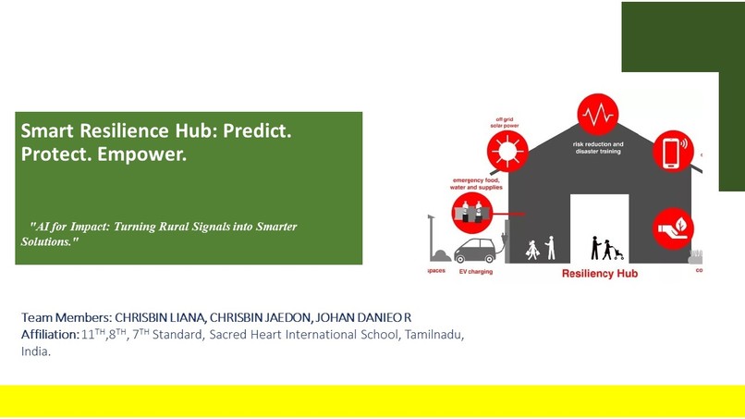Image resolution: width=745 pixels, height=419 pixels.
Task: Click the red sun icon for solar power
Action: point(507,151)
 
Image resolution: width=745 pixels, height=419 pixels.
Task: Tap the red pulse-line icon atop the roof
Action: point(597,115)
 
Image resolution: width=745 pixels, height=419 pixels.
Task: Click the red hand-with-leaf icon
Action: point(673,228)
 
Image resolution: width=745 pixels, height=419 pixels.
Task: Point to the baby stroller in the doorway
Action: point(614,252)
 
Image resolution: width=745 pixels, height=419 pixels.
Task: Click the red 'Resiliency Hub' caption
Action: point(599,274)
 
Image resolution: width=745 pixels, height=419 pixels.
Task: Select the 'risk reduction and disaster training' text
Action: point(598,148)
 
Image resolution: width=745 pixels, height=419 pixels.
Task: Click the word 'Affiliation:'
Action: point(50,334)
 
